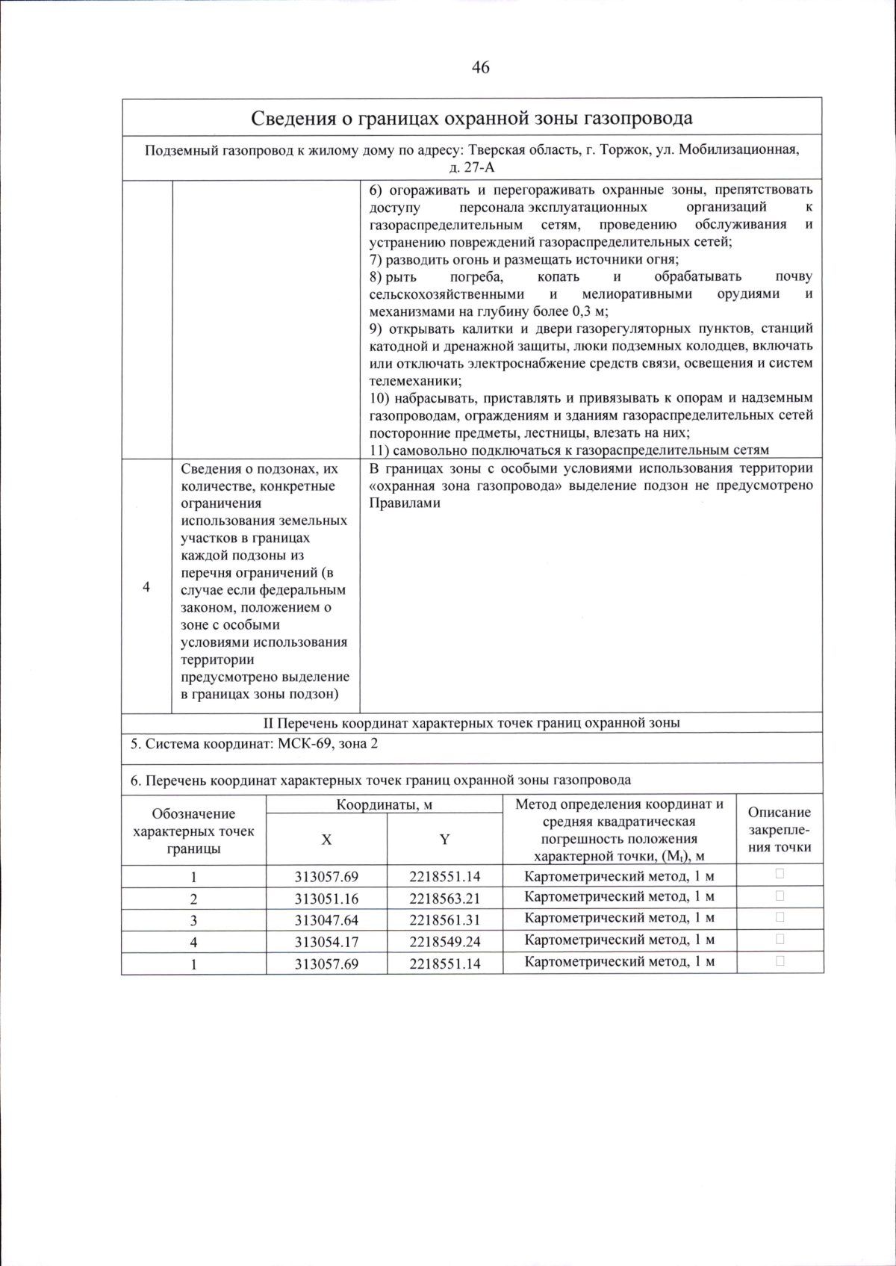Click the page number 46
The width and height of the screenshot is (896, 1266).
click(480, 67)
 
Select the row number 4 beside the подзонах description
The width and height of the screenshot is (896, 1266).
click(146, 587)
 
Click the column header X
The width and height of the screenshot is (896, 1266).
click(326, 839)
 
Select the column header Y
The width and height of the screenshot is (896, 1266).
click(444, 839)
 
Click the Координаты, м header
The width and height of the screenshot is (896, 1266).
click(384, 804)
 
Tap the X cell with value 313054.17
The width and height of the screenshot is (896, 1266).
click(326, 942)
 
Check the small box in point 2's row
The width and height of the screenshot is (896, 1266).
click(780, 896)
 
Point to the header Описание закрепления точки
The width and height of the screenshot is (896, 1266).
click(779, 829)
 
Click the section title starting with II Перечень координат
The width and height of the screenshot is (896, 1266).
click(472, 722)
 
